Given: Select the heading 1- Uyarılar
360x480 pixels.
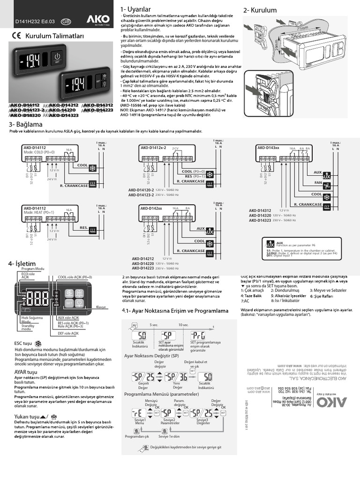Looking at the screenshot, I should [136, 10].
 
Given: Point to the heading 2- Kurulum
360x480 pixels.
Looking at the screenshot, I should [260, 10].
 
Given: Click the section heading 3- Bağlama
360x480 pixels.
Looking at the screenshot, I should [26, 124].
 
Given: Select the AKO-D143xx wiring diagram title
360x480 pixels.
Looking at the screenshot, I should [268, 148].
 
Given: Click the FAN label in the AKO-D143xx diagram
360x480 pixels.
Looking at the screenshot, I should [318, 183].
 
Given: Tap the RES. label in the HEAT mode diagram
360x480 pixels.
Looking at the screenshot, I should [84, 227].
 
